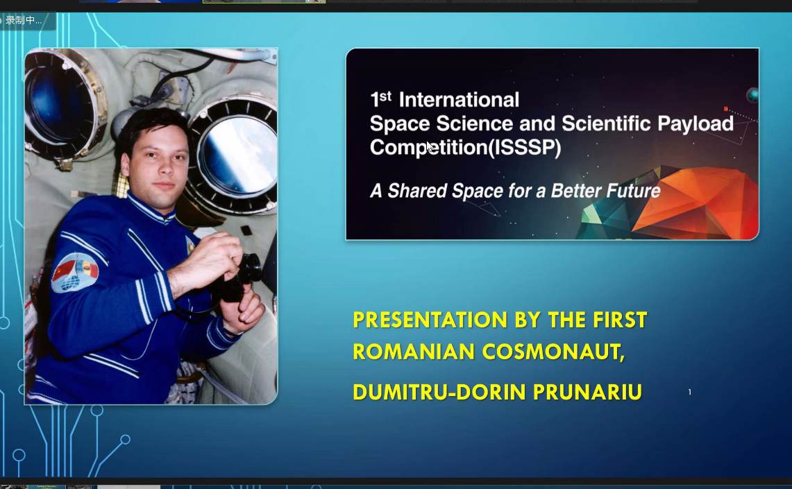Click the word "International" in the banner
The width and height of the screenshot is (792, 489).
click(x=459, y=100)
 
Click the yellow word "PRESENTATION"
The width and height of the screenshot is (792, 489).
click(x=430, y=320)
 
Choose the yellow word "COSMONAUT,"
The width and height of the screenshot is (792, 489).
click(x=554, y=352)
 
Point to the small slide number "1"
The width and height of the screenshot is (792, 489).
click(x=689, y=392)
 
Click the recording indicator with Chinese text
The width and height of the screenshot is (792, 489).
click(x=25, y=20)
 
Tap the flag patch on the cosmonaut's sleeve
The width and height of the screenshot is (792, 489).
click(x=75, y=273)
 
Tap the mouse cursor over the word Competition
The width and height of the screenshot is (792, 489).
click(x=430, y=147)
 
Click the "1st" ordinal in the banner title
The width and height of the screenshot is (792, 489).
click(x=381, y=99)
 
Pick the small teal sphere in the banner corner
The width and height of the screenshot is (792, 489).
click(x=752, y=94)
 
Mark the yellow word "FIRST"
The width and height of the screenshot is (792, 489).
click(x=620, y=320)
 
